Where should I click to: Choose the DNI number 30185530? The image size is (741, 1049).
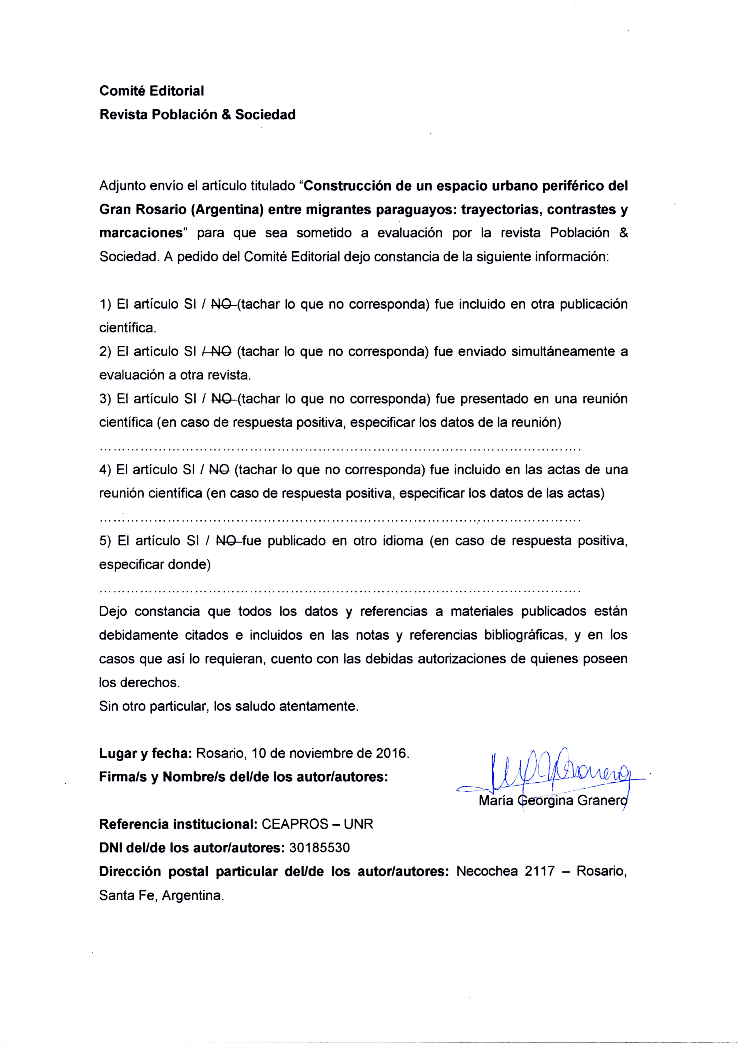tap(320, 848)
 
